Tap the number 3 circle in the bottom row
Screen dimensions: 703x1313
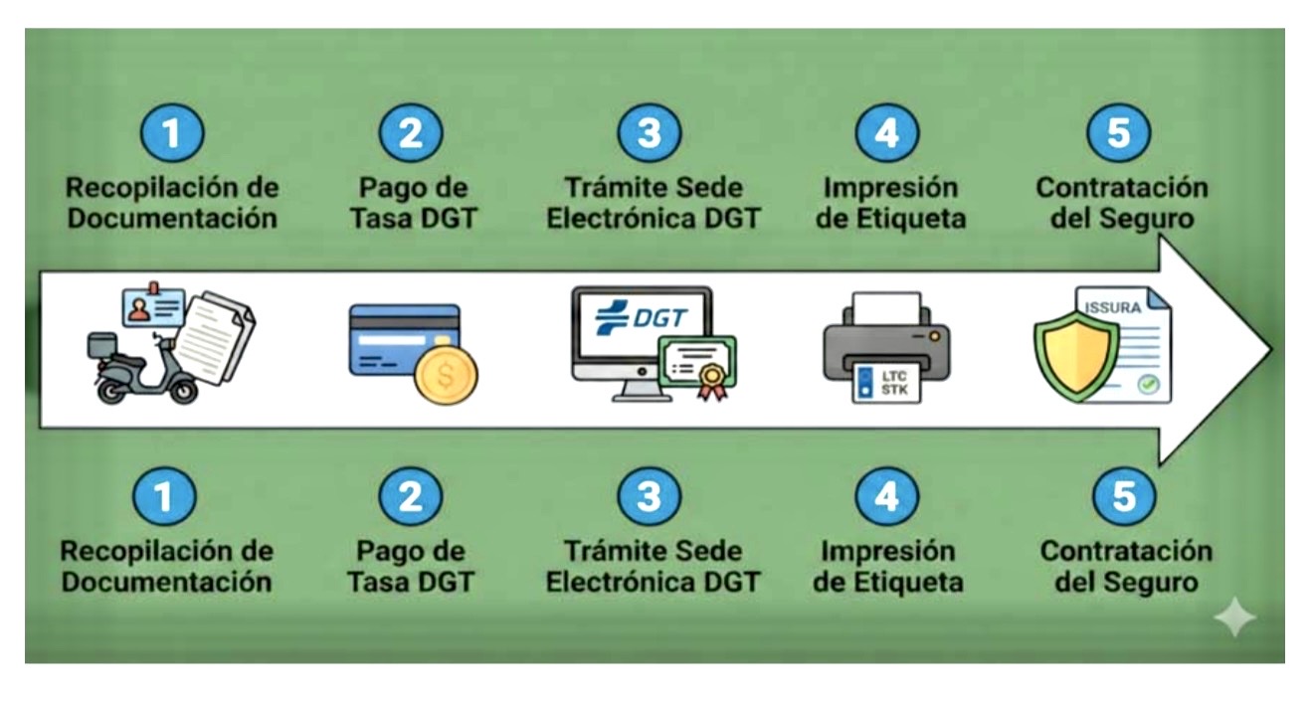click(649, 497)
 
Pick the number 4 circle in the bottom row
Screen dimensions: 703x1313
click(885, 497)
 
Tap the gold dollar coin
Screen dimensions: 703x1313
click(445, 374)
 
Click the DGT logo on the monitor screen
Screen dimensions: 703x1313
click(642, 317)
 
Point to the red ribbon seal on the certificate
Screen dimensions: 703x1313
click(710, 381)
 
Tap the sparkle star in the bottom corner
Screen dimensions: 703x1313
click(1234, 618)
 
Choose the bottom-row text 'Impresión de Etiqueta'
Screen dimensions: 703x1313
click(887, 566)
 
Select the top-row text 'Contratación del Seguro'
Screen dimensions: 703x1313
click(1121, 203)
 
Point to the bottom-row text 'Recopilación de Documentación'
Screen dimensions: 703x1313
click(166, 566)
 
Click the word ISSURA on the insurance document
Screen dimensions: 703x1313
click(1112, 307)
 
